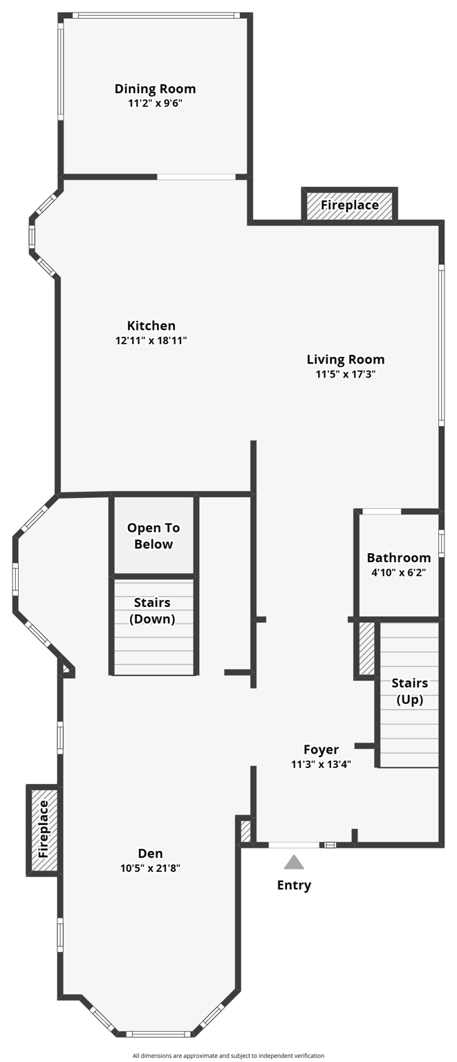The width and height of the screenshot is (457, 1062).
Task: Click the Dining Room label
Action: pyautogui.click(x=155, y=88)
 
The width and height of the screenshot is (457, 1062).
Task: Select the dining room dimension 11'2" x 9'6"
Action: pyautogui.click(x=155, y=103)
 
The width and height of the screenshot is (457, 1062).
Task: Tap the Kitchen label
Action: pyautogui.click(x=151, y=326)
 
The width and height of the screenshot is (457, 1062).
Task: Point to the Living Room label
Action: pyautogui.click(x=346, y=360)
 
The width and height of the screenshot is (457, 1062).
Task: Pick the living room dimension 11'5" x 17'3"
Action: pyautogui.click(x=346, y=374)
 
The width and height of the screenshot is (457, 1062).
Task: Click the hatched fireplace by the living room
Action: pyautogui.click(x=350, y=205)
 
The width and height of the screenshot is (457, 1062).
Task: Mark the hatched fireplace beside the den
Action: pyautogui.click(x=43, y=829)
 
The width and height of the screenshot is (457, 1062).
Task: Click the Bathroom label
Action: pyautogui.click(x=399, y=558)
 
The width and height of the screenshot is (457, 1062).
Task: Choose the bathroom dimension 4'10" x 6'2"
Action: pyautogui.click(x=399, y=572)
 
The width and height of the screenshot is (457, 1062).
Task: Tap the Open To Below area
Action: pyautogui.click(x=153, y=536)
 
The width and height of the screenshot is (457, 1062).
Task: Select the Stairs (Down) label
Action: pyautogui.click(x=153, y=611)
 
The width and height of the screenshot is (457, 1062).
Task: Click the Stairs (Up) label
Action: pyautogui.click(x=410, y=691)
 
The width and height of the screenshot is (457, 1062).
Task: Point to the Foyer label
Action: pyautogui.click(x=321, y=749)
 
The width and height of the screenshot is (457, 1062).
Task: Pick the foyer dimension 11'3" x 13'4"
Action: pyautogui.click(x=321, y=764)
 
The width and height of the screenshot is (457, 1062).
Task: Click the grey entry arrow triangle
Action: pyautogui.click(x=294, y=862)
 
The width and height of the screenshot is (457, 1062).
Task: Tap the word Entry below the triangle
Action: pyautogui.click(x=294, y=885)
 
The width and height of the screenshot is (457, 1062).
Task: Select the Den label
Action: pyautogui.click(x=150, y=854)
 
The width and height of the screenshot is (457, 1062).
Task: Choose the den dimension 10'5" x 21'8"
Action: pyautogui.click(x=150, y=868)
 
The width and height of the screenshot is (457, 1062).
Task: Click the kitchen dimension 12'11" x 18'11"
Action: pyautogui.click(x=151, y=340)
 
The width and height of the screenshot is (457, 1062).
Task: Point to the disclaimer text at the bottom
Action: pyautogui.click(x=229, y=1056)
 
